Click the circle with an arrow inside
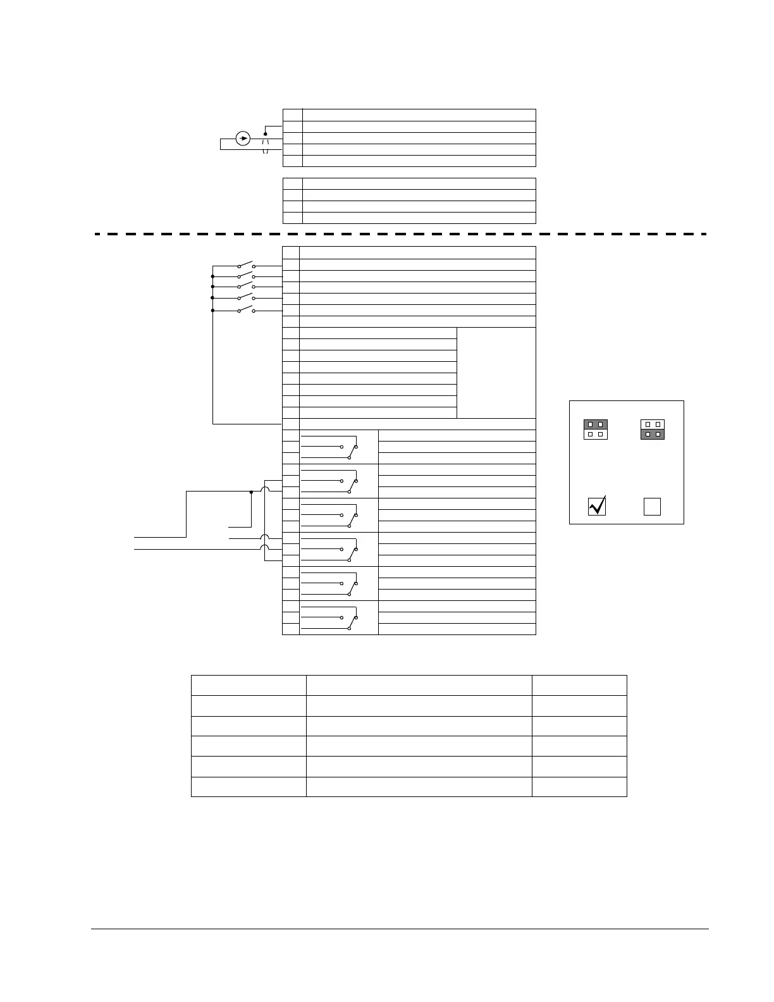coord(243,138)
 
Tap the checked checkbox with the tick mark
coord(597,506)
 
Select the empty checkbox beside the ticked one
coord(652,507)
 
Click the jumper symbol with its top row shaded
coord(595,430)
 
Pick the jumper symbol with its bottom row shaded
coord(653,430)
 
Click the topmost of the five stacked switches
coord(246,265)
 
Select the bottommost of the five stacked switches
coord(246,310)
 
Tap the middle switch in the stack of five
coord(246,288)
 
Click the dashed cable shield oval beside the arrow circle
coord(266,146)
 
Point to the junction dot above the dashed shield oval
coord(266,134)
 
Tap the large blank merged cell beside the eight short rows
coord(496,373)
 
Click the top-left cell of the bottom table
coord(249,685)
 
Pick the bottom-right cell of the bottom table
coord(579,786)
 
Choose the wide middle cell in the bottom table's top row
coord(419,685)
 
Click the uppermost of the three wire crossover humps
coord(266,491)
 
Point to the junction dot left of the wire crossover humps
coord(251,492)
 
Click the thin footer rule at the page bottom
coord(400,929)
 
